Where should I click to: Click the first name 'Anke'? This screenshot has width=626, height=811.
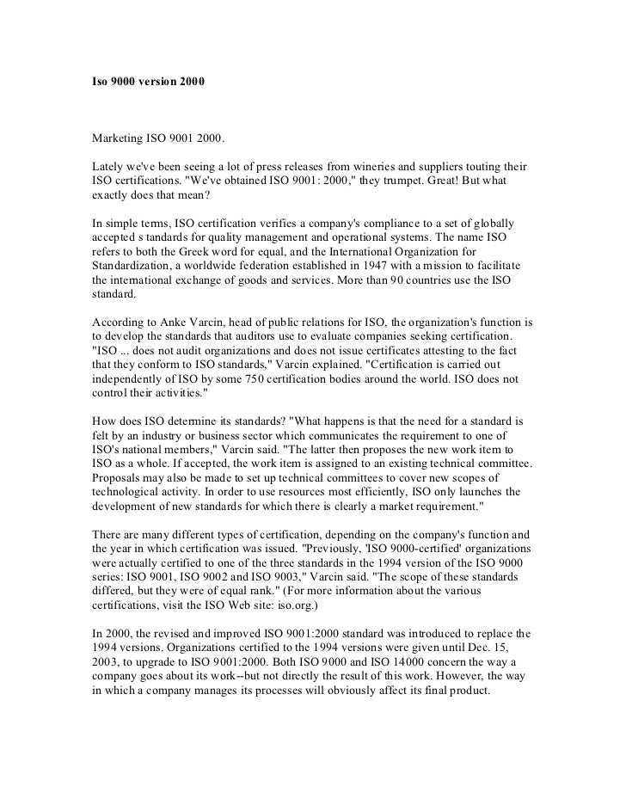click(x=170, y=321)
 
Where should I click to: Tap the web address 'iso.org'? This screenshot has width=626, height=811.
click(x=299, y=615)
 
